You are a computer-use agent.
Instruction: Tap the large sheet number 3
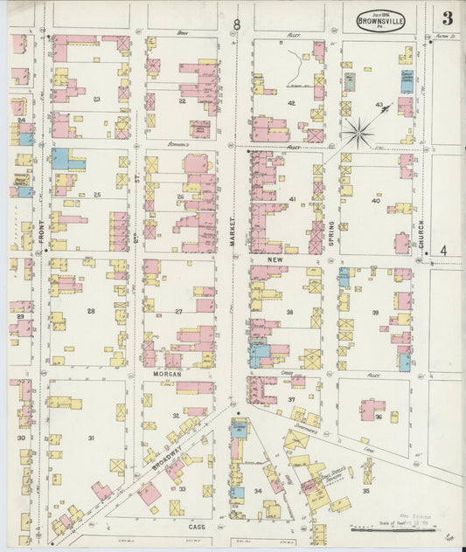pyautogui.click(x=447, y=17)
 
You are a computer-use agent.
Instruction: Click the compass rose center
pyautogui.click(x=357, y=134)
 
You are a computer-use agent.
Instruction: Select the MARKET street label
pyautogui.click(x=233, y=231)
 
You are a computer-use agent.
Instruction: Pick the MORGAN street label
pyautogui.click(x=166, y=373)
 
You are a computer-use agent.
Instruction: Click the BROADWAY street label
pyautogui.click(x=167, y=456)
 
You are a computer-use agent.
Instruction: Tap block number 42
pyautogui.click(x=291, y=103)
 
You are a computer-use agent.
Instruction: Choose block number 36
pyautogui.click(x=378, y=417)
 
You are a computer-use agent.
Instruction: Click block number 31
pyautogui.click(x=90, y=437)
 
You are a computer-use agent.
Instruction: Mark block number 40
pyautogui.click(x=375, y=200)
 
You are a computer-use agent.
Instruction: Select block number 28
pyautogui.click(x=90, y=311)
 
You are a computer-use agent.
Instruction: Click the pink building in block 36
pyautogui.click(x=372, y=407)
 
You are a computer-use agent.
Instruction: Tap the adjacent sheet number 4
pyautogui.click(x=443, y=251)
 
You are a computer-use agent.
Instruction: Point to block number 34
pyautogui.click(x=258, y=492)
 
